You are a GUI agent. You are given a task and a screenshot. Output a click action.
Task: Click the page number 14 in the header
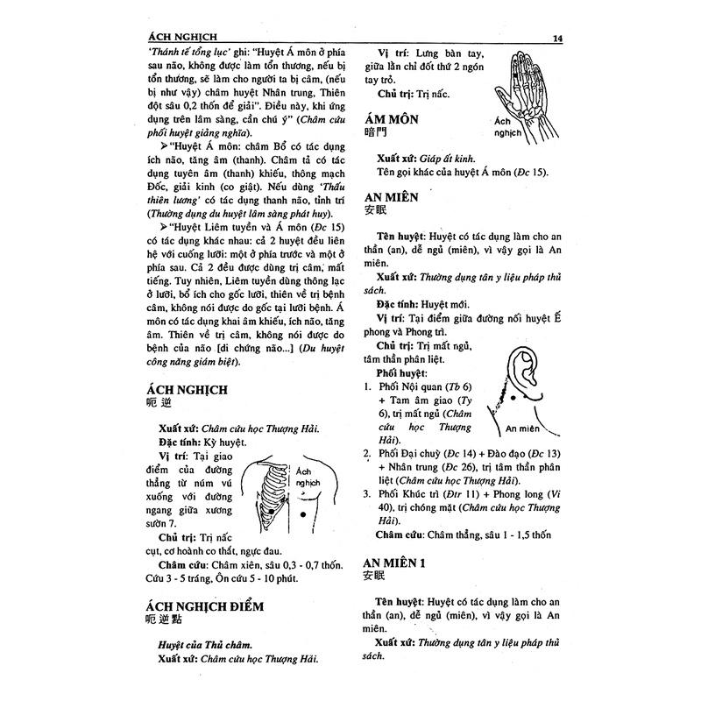tap(558, 38)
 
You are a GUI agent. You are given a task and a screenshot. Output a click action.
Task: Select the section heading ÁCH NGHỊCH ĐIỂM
tap(200, 606)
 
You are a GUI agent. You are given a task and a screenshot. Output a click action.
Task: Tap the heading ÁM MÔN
tap(391, 120)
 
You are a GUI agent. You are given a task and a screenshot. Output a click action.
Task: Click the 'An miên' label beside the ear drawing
tap(522, 428)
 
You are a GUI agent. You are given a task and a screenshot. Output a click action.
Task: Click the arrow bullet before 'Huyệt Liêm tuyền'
tap(164, 227)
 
